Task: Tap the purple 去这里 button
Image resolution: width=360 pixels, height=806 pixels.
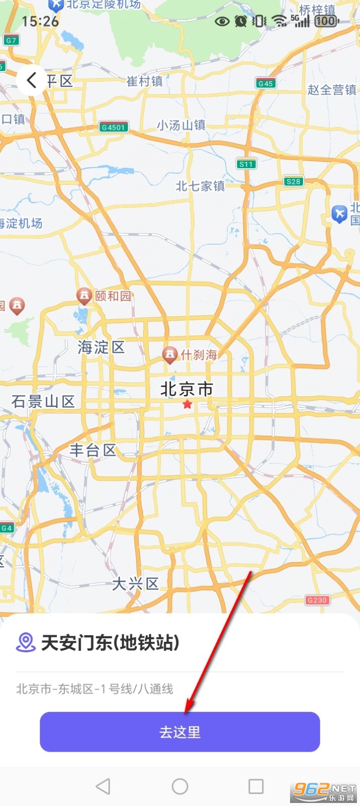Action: (180, 731)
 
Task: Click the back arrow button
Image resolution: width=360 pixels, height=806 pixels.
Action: (31, 80)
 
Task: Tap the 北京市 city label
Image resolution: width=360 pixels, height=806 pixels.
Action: (187, 389)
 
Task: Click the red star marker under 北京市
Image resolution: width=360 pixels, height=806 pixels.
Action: (187, 404)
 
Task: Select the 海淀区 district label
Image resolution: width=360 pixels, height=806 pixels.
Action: (101, 347)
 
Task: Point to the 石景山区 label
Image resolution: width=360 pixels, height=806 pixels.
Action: (43, 401)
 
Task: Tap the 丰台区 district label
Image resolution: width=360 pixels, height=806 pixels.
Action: (93, 450)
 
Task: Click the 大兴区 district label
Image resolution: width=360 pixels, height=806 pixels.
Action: (135, 584)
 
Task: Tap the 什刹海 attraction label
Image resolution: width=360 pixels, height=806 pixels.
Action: (199, 355)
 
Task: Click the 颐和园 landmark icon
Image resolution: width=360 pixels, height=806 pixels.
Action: (84, 295)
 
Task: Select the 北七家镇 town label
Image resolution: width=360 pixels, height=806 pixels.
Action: (200, 186)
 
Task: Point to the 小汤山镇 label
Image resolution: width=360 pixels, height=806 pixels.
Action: (181, 125)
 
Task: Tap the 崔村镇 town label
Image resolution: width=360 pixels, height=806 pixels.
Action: (145, 81)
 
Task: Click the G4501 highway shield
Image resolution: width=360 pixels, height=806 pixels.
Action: (113, 127)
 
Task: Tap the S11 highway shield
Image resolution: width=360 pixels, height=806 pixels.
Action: (246, 164)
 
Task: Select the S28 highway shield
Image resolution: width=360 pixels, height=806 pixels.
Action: (293, 181)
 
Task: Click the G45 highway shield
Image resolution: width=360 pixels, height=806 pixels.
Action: (265, 83)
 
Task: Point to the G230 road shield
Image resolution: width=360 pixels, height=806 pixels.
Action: (317, 599)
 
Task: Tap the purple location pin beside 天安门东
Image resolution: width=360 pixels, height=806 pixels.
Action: (25, 642)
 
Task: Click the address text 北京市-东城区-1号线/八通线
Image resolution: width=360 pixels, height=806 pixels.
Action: (95, 689)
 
